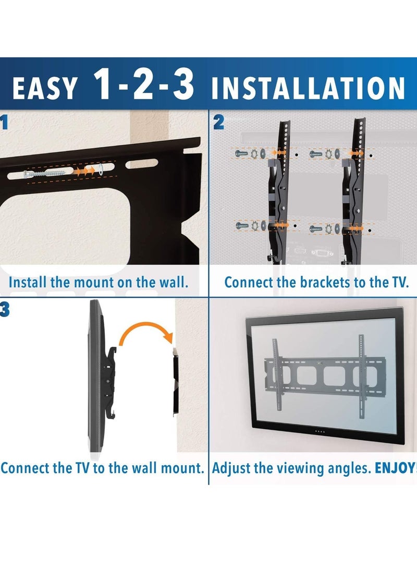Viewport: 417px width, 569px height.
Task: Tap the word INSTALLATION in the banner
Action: tap(308, 87)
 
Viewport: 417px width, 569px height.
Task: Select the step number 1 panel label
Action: tap(4, 124)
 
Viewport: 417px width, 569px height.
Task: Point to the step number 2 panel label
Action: tap(218, 124)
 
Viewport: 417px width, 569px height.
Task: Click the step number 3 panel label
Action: tap(4, 310)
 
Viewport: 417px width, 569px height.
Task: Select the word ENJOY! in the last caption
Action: tap(395, 467)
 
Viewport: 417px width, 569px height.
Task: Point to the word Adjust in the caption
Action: tap(231, 467)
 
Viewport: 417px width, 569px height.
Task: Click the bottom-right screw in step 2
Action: tap(317, 228)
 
